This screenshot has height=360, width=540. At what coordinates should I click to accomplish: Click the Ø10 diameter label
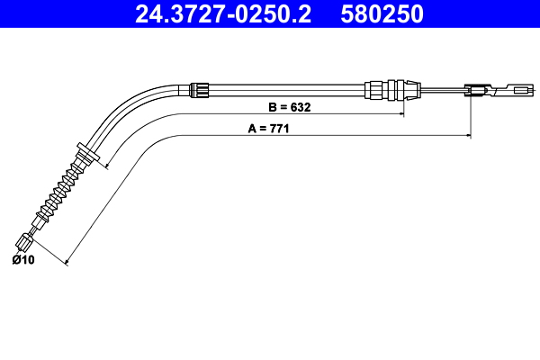tap(22, 260)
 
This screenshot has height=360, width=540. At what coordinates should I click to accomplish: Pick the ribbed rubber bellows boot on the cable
tap(62, 187)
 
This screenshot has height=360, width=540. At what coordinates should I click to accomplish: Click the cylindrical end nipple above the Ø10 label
tap(25, 240)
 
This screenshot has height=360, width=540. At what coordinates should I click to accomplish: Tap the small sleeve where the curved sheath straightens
tap(202, 88)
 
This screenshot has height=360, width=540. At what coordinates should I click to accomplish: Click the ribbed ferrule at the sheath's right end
tap(389, 88)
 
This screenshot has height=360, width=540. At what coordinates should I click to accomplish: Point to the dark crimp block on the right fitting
tap(474, 89)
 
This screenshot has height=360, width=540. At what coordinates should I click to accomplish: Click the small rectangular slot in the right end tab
tap(519, 89)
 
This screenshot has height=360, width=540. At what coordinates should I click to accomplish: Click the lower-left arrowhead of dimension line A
tap(69, 263)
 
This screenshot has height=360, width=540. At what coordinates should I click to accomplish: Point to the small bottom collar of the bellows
tap(41, 216)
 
